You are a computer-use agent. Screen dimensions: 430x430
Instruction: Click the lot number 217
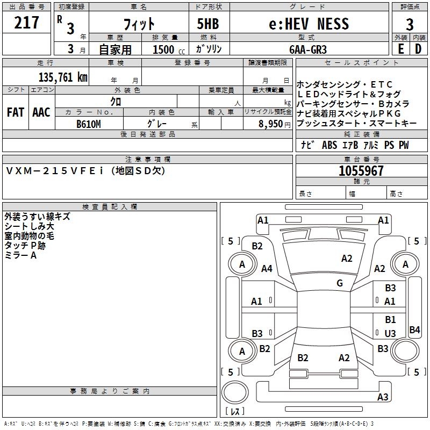coord(27,23)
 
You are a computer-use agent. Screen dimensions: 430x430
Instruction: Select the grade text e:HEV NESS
coord(309,24)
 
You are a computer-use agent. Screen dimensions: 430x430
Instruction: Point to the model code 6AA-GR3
coord(307,49)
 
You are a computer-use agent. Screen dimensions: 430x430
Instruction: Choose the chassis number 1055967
coord(361,171)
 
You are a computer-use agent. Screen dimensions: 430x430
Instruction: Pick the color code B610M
coord(89,124)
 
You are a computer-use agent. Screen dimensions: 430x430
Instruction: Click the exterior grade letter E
coord(400,49)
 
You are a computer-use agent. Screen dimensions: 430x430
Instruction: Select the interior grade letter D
coord(418,49)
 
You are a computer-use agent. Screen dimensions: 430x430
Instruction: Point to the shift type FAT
coord(15,112)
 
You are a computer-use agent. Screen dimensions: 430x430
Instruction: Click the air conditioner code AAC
coord(41,112)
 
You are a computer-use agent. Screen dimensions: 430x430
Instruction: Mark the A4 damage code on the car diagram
coord(267,269)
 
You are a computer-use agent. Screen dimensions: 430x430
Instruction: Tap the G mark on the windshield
coord(340,283)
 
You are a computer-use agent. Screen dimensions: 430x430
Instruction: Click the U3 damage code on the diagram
coord(390,334)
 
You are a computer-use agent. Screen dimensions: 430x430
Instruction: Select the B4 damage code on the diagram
coord(414,330)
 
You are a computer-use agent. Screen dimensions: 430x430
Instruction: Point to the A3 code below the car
coord(383,397)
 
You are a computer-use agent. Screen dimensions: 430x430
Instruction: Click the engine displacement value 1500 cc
coord(167,49)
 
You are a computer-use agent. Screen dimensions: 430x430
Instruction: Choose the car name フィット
coord(139,24)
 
